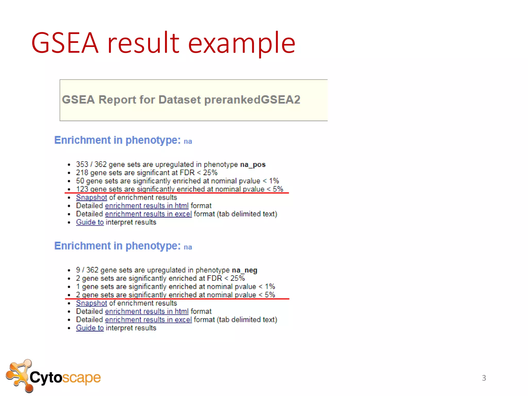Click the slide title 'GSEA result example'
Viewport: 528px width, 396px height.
[x=163, y=43]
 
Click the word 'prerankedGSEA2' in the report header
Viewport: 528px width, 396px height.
[x=252, y=100]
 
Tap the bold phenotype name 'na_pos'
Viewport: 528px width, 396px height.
[x=253, y=164]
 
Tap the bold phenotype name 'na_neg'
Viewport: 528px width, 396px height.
[x=244, y=270]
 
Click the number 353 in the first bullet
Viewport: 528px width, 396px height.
[x=82, y=164]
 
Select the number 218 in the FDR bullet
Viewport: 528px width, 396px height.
[x=82, y=173]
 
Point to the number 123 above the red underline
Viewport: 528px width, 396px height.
[x=82, y=189]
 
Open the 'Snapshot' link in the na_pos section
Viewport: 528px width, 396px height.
[x=91, y=197]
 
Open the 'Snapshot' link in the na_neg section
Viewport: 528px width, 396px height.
[x=91, y=303]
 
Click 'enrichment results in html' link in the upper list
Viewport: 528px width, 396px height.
[x=147, y=206]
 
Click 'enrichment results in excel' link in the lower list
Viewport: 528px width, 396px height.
[x=148, y=320]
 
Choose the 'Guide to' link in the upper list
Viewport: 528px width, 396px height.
[x=90, y=222]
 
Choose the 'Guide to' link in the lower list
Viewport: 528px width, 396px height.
[x=90, y=328]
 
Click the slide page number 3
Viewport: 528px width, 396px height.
[x=484, y=378]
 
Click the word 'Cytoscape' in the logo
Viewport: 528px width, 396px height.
[x=65, y=378]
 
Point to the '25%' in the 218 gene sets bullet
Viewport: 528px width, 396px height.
[x=210, y=173]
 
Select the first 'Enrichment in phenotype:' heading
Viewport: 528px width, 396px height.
[x=117, y=140]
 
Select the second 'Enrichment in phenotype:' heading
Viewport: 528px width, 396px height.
[x=117, y=246]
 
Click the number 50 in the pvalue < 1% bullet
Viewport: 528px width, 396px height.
[x=80, y=181]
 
